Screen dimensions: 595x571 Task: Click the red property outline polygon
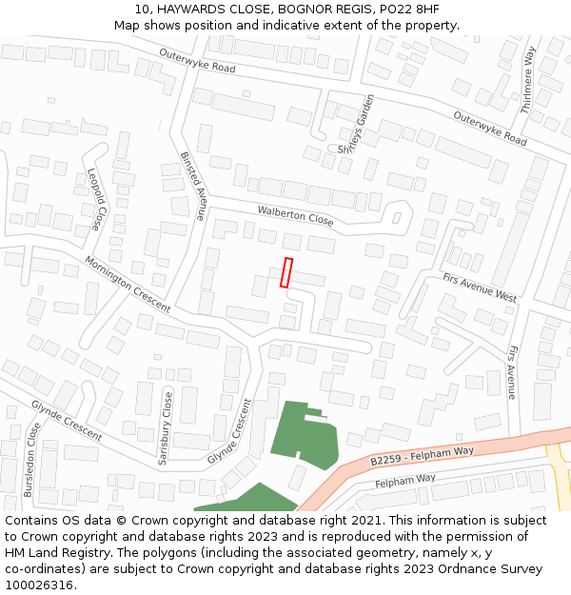[285, 272]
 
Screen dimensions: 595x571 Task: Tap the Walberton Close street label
[295, 214]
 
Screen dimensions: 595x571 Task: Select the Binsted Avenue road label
[193, 185]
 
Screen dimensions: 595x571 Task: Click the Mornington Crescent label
[127, 284]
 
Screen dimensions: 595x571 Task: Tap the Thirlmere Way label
[529, 81]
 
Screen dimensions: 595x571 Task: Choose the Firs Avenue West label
[480, 288]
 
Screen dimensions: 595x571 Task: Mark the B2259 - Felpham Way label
[422, 455]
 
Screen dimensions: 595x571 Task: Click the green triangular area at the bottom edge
[249, 500]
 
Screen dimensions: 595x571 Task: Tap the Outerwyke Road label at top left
[197, 61]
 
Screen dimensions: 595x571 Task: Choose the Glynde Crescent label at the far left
[67, 419]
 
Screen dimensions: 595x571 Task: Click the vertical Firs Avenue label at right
[512, 371]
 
